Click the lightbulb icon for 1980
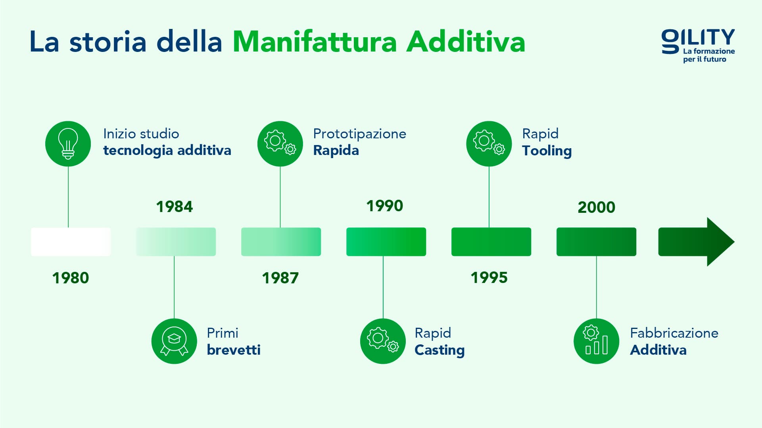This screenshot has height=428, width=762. coord(68,143)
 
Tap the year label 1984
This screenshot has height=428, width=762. coord(174,207)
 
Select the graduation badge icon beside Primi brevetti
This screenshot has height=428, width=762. coord(174,341)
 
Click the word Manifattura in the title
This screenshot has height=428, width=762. coord(314,42)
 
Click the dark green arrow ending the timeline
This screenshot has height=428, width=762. coord(696,242)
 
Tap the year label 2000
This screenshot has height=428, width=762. coord(596,207)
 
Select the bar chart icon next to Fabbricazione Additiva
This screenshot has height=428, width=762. coord(596,341)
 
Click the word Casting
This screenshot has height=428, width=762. coord(439,350)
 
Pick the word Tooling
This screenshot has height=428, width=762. coord(547,151)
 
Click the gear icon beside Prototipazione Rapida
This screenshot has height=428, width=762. coord(280,143)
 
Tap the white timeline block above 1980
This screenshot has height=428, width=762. coord(71,242)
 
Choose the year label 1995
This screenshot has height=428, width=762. coord(489,278)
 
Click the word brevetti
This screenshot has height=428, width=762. coord(234,350)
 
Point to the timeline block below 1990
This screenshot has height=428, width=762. coord(386,242)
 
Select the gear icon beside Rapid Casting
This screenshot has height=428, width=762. coord(383,341)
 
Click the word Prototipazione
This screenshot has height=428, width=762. coord(359,134)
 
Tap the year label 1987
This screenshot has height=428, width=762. coord(280,278)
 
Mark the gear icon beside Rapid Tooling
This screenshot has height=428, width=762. coord(489,143)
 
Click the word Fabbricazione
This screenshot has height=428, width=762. coord(674,333)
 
